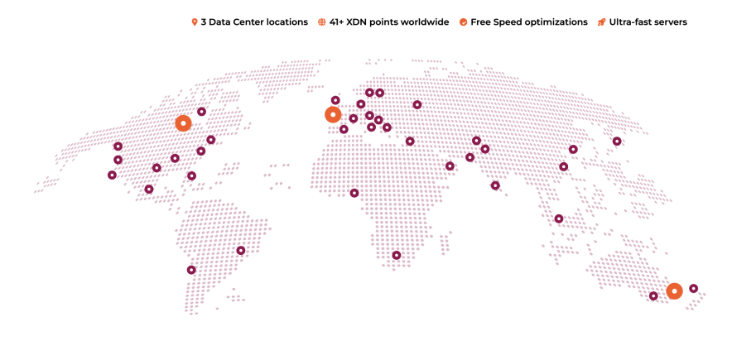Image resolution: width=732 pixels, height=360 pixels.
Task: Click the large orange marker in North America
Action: [183, 123]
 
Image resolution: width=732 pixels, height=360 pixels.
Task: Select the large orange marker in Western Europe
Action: [333, 115]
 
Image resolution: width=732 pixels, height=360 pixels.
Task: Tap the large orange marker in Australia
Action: [675, 291]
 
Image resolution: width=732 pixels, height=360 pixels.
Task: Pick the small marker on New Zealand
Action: [694, 289]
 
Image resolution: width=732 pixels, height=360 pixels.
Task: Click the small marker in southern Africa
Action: [397, 256]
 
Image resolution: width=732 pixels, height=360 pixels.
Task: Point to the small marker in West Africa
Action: [354, 194]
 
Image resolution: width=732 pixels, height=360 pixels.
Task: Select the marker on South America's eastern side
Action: [241, 251]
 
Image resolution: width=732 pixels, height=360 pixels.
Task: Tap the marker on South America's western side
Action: [191, 271]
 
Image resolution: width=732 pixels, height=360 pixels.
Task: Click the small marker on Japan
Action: [617, 142]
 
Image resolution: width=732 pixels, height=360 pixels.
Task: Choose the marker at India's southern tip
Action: [495, 186]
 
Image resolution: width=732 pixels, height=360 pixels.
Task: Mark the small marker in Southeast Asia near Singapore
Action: [559, 219]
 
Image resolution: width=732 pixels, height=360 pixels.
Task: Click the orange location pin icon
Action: [195, 22]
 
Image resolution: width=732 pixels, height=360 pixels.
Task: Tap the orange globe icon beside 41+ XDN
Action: [322, 22]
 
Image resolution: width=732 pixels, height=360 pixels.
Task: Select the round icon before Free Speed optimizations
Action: [464, 22]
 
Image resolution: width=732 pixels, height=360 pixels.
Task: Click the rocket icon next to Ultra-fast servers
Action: [602, 22]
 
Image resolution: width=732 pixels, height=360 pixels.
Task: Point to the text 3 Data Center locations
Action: [254, 22]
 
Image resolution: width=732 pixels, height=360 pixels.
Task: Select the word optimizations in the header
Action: [556, 22]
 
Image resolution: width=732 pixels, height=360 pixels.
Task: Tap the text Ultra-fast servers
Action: [648, 22]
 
